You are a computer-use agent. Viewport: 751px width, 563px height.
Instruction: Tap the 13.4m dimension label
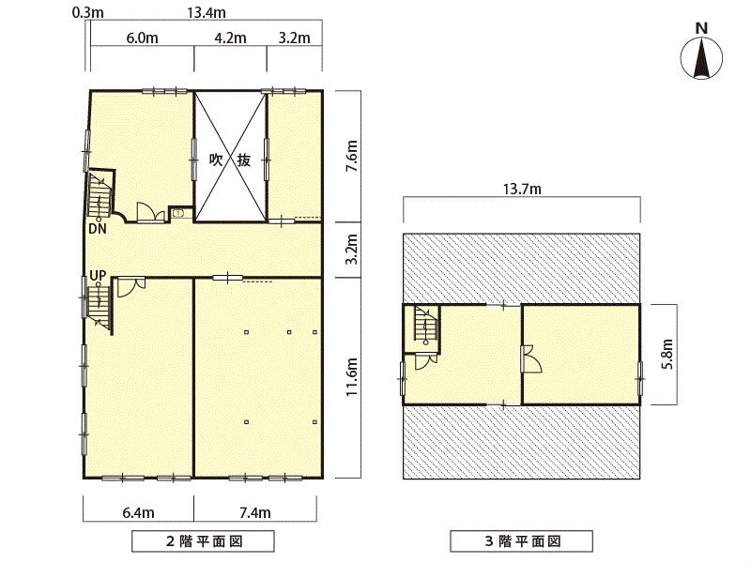click(x=206, y=12)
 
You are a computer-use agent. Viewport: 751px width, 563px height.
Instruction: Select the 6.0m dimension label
click(x=143, y=38)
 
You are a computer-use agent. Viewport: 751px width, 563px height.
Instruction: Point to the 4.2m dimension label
click(x=230, y=38)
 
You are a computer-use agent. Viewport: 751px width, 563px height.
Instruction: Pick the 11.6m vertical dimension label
click(x=352, y=377)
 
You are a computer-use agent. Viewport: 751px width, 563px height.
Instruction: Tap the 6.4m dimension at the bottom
click(x=138, y=512)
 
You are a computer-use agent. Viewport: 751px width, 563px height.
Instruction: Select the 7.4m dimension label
click(x=254, y=512)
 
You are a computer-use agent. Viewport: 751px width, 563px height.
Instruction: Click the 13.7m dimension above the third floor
click(x=522, y=190)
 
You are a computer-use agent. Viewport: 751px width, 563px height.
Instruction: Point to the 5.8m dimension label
click(x=668, y=354)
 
